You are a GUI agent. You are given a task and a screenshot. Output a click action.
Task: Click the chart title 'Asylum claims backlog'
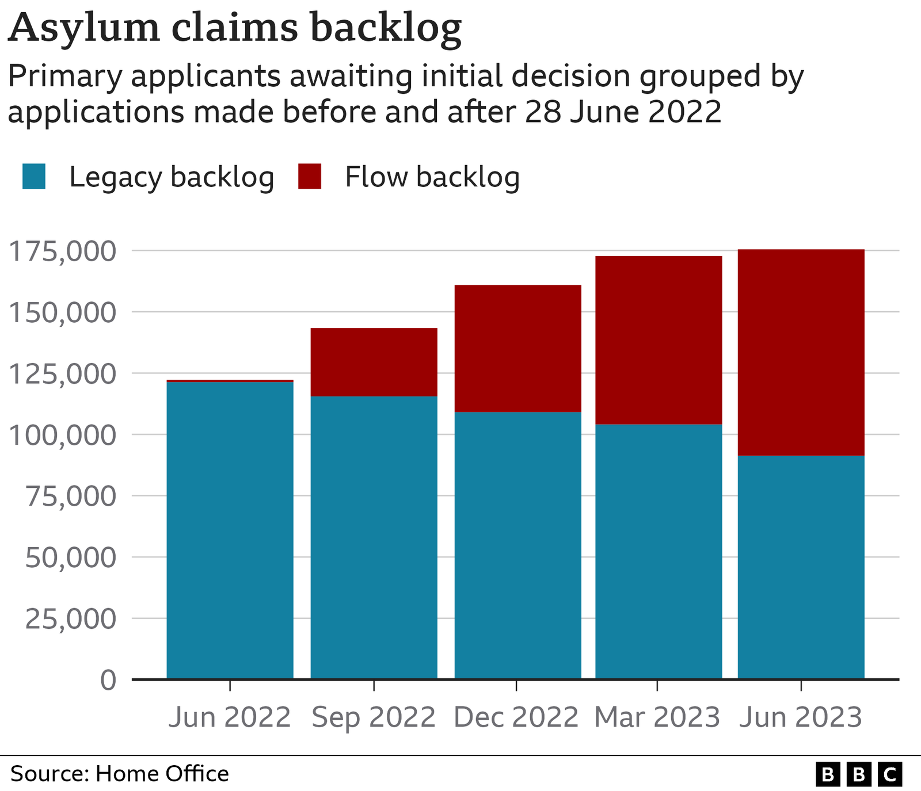[235, 28]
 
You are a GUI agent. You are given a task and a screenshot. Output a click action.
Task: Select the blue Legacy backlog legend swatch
[34, 176]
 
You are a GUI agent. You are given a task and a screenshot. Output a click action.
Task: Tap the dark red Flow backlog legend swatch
[310, 176]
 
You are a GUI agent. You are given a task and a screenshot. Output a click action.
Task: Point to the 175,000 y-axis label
[63, 251]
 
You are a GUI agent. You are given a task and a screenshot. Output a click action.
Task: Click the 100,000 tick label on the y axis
[63, 435]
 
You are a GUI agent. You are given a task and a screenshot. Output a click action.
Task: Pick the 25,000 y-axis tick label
[70, 618]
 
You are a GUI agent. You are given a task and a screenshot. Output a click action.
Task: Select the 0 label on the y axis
[108, 680]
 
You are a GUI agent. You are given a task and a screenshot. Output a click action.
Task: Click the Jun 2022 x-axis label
[230, 717]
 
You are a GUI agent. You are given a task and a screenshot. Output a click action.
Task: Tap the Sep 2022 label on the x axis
[374, 717]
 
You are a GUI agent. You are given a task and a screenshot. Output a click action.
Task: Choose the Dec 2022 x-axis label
[516, 717]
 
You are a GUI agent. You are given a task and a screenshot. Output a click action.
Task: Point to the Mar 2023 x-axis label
[657, 717]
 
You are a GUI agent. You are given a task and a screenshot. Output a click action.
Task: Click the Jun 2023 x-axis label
[801, 717]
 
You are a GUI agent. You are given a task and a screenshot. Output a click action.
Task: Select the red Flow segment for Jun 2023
[801, 352]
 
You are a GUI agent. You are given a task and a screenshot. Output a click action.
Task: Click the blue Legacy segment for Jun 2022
[230, 529]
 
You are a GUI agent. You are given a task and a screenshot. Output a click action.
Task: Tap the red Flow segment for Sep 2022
[374, 362]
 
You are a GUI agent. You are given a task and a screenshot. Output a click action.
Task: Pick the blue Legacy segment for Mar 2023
[659, 551]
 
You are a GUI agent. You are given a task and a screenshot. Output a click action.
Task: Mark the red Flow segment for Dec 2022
[517, 348]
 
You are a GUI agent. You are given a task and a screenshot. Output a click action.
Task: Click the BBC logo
[858, 774]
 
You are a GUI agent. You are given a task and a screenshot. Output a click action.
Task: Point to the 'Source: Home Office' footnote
[120, 774]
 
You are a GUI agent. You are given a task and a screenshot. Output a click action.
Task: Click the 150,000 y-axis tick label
[63, 312]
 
